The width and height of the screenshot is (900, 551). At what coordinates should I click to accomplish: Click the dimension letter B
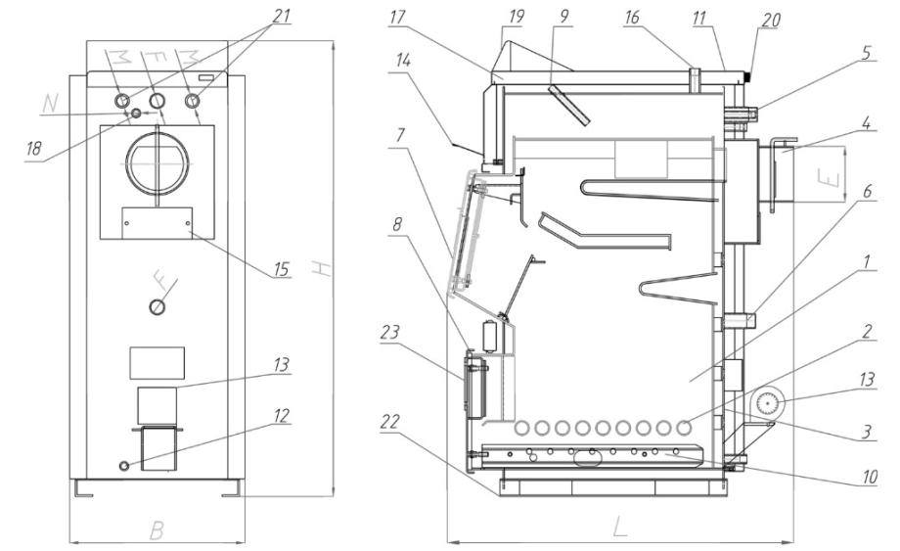coord(154,530)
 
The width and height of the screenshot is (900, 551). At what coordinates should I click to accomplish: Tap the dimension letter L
coord(618,528)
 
